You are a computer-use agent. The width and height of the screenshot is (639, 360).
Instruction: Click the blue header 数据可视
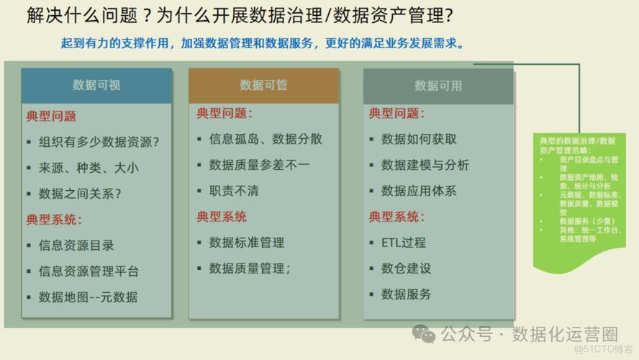pyautogui.click(x=96, y=85)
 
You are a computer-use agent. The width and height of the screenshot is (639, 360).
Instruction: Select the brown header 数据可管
pyautogui.click(x=263, y=85)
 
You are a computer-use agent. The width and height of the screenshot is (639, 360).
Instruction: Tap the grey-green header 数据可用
pyautogui.click(x=438, y=85)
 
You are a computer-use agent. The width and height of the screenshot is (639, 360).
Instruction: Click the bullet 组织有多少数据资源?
pyautogui.click(x=99, y=142)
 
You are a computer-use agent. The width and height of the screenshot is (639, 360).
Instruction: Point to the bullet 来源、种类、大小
pyautogui.click(x=89, y=168)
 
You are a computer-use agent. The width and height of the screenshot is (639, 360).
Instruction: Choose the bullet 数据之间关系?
pyautogui.click(x=80, y=194)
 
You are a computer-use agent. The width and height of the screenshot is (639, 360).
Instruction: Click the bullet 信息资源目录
pyautogui.click(x=76, y=246)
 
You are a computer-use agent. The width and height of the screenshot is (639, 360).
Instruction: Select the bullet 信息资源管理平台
pyautogui.click(x=89, y=271)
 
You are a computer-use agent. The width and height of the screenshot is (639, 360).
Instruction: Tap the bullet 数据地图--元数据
pyautogui.click(x=88, y=297)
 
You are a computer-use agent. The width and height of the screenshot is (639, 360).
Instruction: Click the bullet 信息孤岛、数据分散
pyautogui.click(x=266, y=139)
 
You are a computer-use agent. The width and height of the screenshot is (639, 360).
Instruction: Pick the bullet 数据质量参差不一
pyautogui.click(x=259, y=165)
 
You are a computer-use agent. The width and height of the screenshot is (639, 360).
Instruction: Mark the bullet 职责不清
pyautogui.click(x=234, y=191)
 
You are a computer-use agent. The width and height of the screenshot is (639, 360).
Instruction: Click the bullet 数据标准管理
pyautogui.click(x=247, y=243)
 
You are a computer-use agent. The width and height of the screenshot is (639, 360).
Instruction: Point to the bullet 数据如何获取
pyautogui.click(x=419, y=139)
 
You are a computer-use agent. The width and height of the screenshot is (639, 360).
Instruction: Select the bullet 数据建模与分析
pyautogui.click(x=425, y=165)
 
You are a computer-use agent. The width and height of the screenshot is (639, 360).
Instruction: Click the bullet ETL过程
pyautogui.click(x=404, y=243)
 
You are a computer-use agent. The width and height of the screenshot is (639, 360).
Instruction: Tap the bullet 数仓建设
pyautogui.click(x=407, y=269)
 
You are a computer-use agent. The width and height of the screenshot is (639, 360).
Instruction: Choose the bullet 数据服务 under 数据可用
pyautogui.click(x=407, y=294)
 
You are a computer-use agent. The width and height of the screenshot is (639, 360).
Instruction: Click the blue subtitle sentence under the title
pyautogui.click(x=262, y=43)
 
